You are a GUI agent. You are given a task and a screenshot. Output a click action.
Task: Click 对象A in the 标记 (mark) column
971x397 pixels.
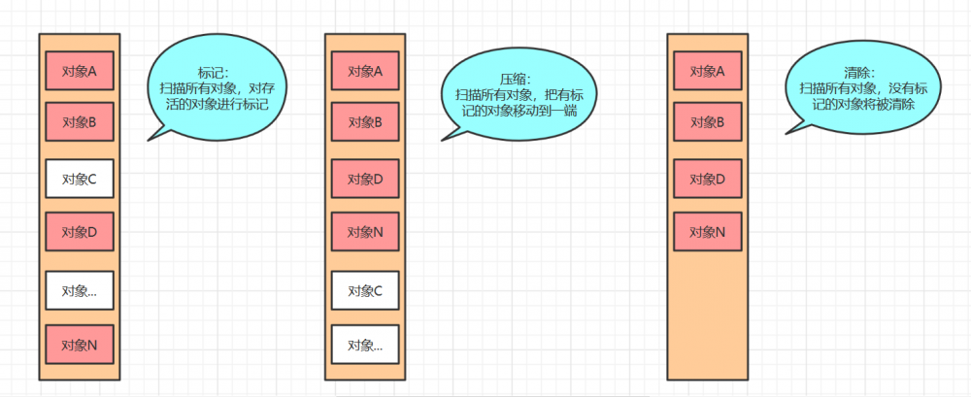pos(79,70)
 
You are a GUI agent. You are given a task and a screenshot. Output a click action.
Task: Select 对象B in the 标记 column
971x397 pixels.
pos(79,122)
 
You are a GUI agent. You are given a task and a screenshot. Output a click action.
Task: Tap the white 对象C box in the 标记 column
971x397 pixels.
pos(79,178)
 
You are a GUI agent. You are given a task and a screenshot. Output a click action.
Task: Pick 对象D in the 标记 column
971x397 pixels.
pos(79,232)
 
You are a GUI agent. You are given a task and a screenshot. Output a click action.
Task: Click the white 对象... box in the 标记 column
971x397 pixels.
pos(79,290)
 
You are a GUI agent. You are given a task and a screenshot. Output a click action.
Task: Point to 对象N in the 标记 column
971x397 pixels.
pos(79,345)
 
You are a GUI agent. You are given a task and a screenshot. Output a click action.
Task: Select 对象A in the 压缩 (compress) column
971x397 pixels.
pos(365,70)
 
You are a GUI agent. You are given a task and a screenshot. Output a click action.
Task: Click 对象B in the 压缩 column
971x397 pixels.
pos(365,122)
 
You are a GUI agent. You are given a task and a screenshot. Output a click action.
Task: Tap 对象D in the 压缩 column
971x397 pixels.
pos(365,179)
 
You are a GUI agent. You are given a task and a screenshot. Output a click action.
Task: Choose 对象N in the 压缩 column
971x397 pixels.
pos(365,232)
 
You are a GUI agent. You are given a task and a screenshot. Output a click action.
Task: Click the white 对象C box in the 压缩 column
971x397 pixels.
pos(365,290)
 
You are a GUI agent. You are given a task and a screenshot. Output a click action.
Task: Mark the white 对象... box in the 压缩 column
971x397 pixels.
pos(365,345)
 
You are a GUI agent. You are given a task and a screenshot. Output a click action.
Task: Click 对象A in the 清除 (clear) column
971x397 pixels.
pos(707,70)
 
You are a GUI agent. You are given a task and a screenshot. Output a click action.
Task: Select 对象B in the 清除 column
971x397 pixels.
pos(707,122)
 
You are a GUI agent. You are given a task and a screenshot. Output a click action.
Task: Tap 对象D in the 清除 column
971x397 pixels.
pos(707,179)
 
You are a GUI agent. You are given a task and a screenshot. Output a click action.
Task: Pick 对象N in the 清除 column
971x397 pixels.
pos(707,232)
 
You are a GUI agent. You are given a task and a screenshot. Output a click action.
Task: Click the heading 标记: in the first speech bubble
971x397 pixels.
pos(213,72)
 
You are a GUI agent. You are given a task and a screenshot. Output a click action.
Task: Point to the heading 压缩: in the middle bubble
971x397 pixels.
pos(517,80)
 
